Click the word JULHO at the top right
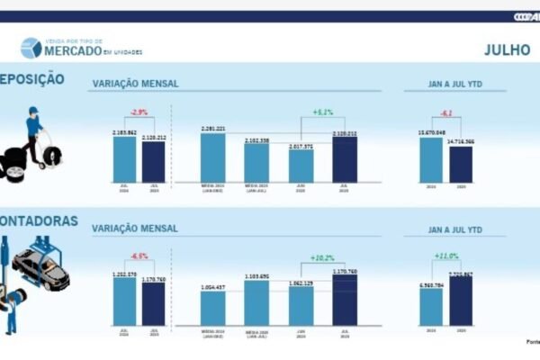tap(507, 49)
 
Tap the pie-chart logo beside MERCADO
tap(31, 48)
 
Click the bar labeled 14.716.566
tap(460, 166)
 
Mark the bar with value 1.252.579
tap(125, 300)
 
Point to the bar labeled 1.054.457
tap(213, 308)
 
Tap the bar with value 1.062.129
tap(301, 306)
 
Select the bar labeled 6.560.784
tap(431, 306)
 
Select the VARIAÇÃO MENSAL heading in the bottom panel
tap(135, 229)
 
